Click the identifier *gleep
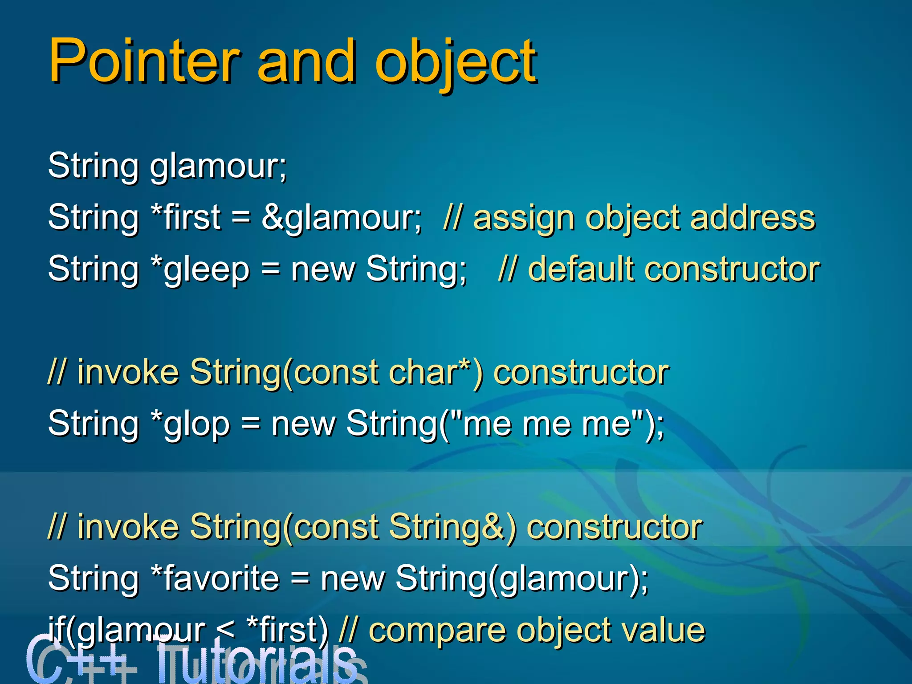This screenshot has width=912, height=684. [200, 270]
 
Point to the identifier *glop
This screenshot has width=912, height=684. [190, 424]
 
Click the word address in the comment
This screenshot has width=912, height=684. [753, 218]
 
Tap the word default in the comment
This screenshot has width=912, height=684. [581, 269]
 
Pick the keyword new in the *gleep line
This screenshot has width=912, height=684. [323, 270]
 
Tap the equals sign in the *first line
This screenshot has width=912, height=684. [241, 218]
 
